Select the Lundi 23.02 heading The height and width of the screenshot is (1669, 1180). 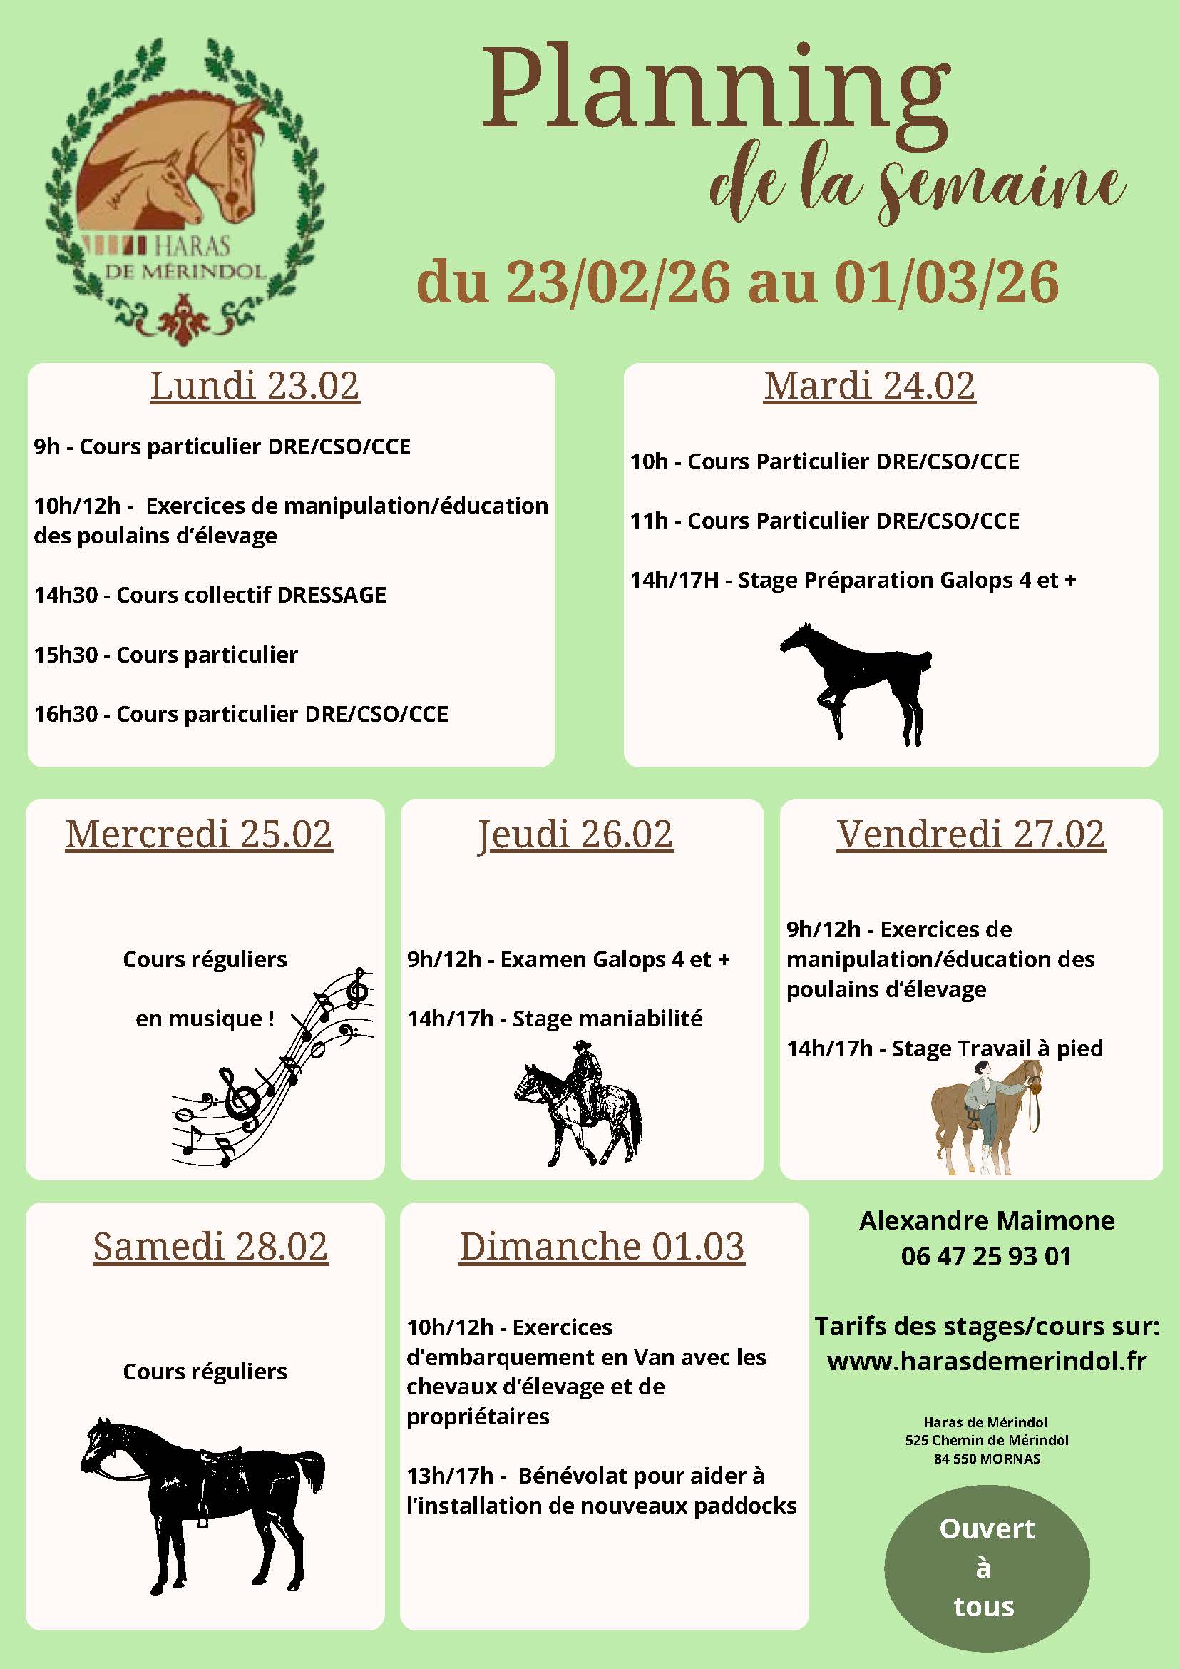(255, 386)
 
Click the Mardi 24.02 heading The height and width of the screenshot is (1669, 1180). (869, 386)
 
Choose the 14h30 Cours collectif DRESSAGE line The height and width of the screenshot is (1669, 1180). (210, 595)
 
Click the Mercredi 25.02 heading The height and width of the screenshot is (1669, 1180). (198, 834)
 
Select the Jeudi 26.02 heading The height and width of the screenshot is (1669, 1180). (575, 834)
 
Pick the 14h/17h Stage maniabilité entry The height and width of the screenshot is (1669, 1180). (555, 1019)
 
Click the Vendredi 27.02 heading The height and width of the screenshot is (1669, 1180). (971, 834)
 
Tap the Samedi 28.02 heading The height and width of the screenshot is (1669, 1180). (211, 1247)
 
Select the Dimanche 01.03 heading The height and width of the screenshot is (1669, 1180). (602, 1247)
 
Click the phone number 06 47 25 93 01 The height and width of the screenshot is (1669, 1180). (986, 1256)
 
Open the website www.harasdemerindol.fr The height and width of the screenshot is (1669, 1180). (986, 1361)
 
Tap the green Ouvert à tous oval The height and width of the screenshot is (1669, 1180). (986, 1568)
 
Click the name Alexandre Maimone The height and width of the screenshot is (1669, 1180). (986, 1220)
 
